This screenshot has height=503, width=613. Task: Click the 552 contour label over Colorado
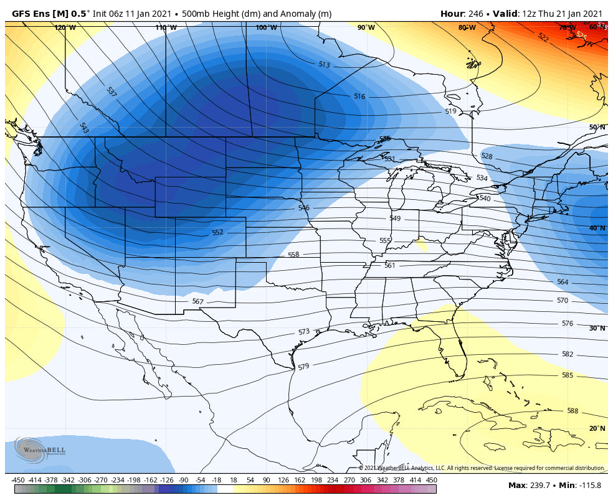(x=217, y=233)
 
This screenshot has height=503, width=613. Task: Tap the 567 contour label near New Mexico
(x=197, y=301)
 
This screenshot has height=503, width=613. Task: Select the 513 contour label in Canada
(x=324, y=65)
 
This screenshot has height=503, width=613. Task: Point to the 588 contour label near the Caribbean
(x=573, y=411)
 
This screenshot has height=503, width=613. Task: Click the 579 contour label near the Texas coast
(x=303, y=367)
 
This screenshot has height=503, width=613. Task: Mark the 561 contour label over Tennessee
(x=389, y=265)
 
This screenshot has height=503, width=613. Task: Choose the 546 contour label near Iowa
(x=303, y=208)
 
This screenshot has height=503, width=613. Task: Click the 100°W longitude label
(x=266, y=27)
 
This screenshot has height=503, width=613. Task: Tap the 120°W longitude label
(x=65, y=27)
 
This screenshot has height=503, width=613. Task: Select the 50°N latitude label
(x=597, y=127)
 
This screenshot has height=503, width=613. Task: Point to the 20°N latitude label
(x=597, y=428)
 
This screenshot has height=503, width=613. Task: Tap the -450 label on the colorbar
(x=18, y=480)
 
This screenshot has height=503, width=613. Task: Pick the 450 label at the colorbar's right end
(x=432, y=480)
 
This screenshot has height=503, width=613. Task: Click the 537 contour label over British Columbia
(x=112, y=92)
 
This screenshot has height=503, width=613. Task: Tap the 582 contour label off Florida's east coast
(x=567, y=354)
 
